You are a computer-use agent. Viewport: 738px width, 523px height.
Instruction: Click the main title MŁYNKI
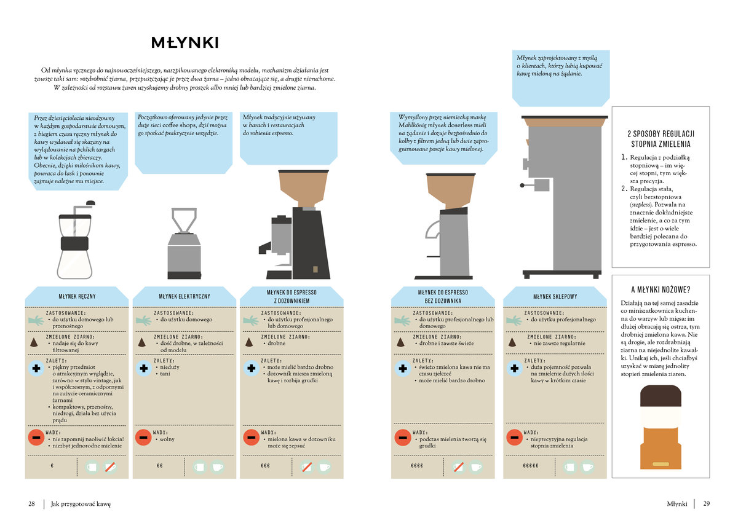(x=185, y=42)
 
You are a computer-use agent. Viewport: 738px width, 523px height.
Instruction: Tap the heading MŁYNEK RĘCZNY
(x=77, y=297)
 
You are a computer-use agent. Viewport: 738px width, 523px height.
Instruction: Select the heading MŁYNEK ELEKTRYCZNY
(x=184, y=297)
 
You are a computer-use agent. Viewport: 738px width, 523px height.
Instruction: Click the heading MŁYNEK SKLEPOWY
(x=555, y=297)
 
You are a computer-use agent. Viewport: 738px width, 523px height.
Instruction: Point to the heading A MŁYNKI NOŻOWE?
(x=661, y=289)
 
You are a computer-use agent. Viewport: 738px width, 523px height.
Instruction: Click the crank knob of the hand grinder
(x=90, y=203)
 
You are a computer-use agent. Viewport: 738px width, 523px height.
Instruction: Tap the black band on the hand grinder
(x=75, y=244)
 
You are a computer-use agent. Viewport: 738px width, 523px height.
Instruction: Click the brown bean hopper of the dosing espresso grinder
(x=303, y=188)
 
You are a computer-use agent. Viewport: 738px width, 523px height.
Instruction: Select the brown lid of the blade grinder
(x=661, y=396)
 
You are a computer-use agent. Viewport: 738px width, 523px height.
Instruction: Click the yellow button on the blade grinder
(x=661, y=464)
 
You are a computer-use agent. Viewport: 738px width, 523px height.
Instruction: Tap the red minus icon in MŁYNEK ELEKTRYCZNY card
(x=143, y=438)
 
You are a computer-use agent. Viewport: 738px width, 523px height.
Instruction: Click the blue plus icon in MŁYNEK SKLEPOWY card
(x=514, y=368)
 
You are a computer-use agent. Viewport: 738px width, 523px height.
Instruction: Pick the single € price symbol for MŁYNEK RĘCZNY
(x=52, y=466)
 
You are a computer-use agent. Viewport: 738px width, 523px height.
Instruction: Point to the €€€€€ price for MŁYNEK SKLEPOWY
(x=530, y=466)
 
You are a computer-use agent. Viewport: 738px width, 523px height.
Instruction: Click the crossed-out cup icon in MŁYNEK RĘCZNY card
(x=110, y=466)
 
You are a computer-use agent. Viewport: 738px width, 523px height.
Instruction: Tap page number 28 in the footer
(x=31, y=503)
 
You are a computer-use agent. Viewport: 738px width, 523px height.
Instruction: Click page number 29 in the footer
(x=707, y=503)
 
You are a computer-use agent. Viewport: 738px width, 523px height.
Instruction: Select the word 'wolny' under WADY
(x=167, y=439)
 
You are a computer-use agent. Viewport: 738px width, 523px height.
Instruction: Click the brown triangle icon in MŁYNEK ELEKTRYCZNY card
(x=141, y=342)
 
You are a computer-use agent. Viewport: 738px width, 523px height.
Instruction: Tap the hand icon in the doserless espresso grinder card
(x=402, y=320)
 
